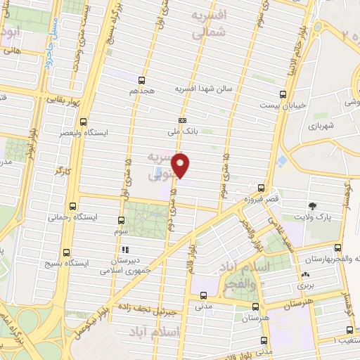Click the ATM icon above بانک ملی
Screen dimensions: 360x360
[183, 120]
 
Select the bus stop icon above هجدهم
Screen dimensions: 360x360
[141, 80]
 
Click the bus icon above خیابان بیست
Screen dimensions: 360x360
[283, 93]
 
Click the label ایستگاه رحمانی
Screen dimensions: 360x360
[72, 217]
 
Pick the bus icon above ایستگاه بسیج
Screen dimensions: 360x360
[67, 252]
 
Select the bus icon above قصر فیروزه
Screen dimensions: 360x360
[262, 188]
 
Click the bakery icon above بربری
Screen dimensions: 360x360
[305, 275]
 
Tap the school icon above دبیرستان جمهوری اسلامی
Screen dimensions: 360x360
[125, 250]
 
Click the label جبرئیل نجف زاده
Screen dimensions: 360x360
[153, 307]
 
